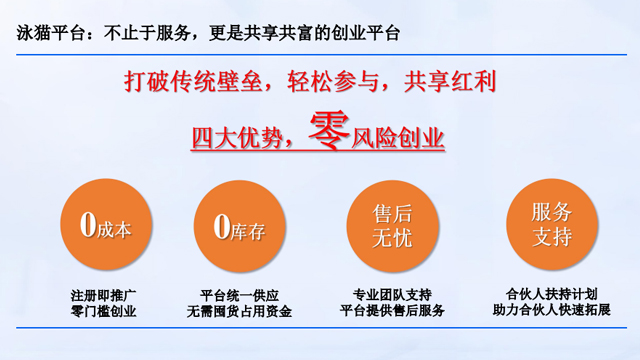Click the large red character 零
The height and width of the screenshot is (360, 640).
328,130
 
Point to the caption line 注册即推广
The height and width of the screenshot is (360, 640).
105,295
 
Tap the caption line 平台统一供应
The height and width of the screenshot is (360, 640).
240,295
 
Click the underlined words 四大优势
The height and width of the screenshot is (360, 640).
233,137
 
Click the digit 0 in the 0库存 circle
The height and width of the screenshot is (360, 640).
223,227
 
